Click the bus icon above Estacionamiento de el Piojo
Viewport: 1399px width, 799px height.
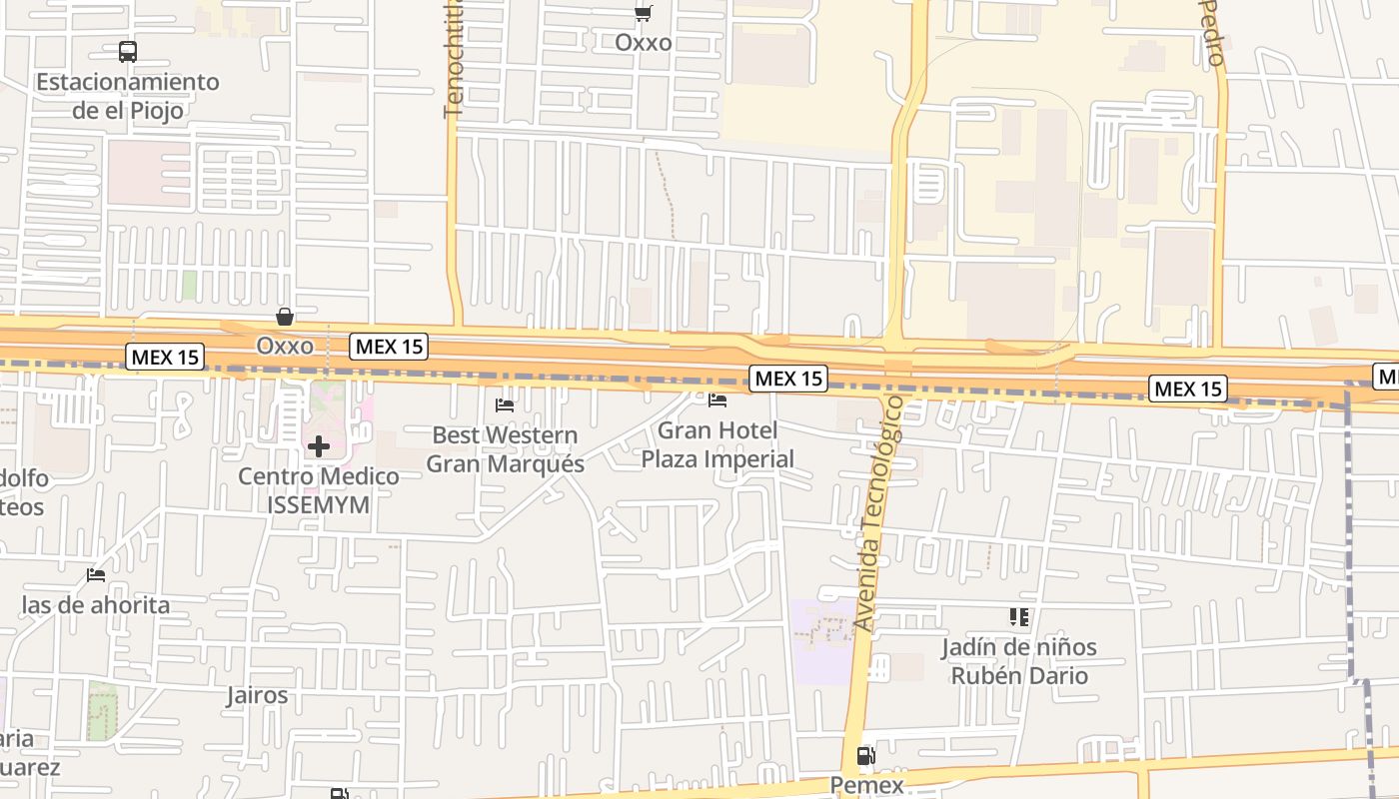(128, 52)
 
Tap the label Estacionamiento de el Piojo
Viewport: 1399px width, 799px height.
(128, 96)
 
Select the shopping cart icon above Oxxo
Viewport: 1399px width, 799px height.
(644, 14)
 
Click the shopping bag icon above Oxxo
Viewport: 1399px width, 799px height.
(285, 317)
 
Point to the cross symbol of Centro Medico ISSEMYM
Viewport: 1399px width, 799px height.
(319, 446)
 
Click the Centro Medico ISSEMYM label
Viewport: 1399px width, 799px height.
(319, 490)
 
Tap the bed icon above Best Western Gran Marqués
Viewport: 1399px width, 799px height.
(505, 405)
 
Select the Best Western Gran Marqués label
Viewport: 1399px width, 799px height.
(505, 449)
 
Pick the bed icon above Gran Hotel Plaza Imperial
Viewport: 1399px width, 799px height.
(717, 400)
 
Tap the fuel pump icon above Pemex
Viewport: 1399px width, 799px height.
(866, 756)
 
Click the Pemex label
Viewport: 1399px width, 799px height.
(866, 785)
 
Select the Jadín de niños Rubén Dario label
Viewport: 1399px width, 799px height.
(1019, 661)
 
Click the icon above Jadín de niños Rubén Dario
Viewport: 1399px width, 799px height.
(1019, 617)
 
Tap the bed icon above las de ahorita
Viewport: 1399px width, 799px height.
(96, 575)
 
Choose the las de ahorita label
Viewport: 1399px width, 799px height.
(96, 605)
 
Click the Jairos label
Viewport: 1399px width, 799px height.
(258, 695)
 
